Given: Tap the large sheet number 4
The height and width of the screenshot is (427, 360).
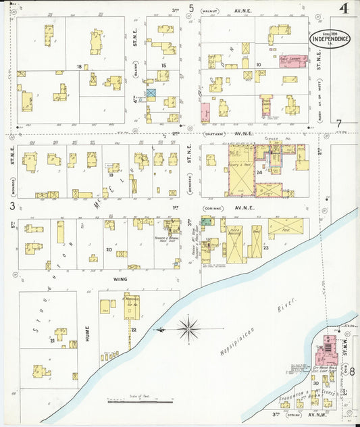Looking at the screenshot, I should pyautogui.click(x=344, y=9).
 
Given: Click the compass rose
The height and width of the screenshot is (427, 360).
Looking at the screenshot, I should pyautogui.click(x=188, y=329).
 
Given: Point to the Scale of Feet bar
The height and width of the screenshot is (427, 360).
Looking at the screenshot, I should pyautogui.click(x=140, y=401).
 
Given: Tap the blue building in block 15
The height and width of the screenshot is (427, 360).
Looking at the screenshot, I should pyautogui.click(x=151, y=93).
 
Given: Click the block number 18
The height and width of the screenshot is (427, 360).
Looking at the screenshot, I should pyautogui.click(x=80, y=66).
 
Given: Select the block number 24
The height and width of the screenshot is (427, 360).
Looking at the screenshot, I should pyautogui.click(x=259, y=172).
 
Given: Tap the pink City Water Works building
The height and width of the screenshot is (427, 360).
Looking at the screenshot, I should pyautogui.click(x=326, y=352).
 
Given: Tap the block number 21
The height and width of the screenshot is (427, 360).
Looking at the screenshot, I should pyautogui.click(x=52, y=341).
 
